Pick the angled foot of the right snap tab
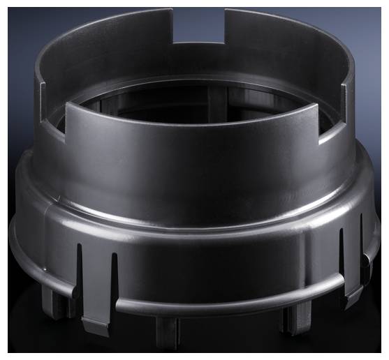[x=352, y=297]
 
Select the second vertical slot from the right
[x=342, y=258]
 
